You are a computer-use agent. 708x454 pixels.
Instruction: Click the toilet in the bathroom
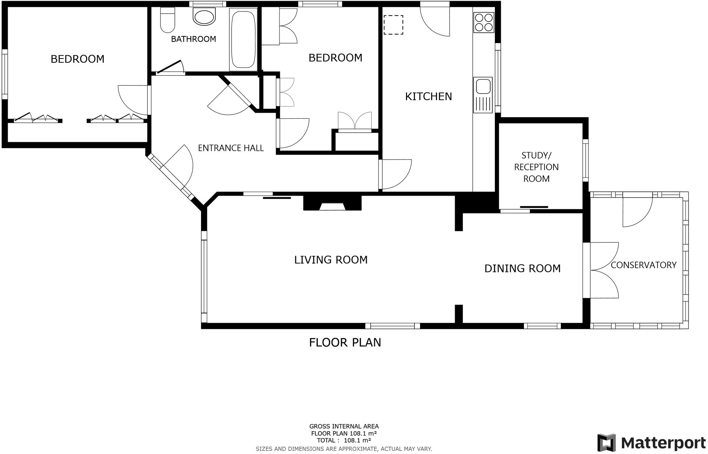168,20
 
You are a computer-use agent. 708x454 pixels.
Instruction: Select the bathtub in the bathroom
243,39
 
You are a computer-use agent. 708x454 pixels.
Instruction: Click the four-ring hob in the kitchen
484,22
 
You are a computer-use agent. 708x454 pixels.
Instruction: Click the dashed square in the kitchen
393,25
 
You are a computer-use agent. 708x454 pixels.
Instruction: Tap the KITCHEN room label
428,97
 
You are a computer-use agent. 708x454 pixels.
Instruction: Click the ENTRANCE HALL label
231,148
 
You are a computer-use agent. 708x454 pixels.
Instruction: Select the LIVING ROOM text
331,260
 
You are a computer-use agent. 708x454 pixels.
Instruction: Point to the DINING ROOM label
522,268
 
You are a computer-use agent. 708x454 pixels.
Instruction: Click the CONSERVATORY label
643,265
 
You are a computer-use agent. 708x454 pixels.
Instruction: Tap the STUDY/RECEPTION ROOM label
536,167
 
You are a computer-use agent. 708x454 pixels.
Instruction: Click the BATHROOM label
193,39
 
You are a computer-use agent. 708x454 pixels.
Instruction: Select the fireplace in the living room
332,203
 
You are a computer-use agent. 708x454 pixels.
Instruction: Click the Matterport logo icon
606,443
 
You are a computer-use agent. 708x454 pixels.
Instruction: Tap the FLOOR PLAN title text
345,342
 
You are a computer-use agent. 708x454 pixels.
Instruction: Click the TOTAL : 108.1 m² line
344,440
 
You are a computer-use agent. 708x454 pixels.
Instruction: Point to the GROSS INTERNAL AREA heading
344,426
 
